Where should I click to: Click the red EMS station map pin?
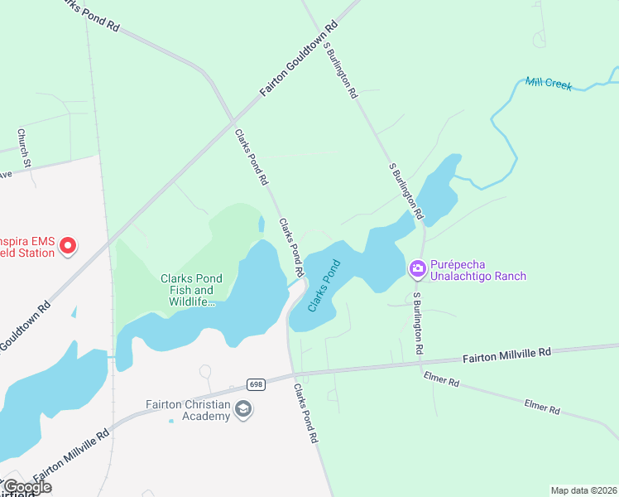click(68, 245)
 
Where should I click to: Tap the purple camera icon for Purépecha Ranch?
click(418, 268)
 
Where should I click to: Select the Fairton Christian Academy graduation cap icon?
click(243, 409)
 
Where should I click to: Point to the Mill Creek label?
click(549, 84)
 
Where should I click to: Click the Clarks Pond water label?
click(324, 286)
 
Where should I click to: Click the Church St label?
click(25, 147)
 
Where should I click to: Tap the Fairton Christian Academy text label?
click(188, 410)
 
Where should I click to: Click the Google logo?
click(27, 487)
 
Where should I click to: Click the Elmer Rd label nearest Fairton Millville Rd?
click(441, 379)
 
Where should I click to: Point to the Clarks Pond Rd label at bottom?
click(305, 413)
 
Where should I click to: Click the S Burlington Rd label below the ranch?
click(422, 324)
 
